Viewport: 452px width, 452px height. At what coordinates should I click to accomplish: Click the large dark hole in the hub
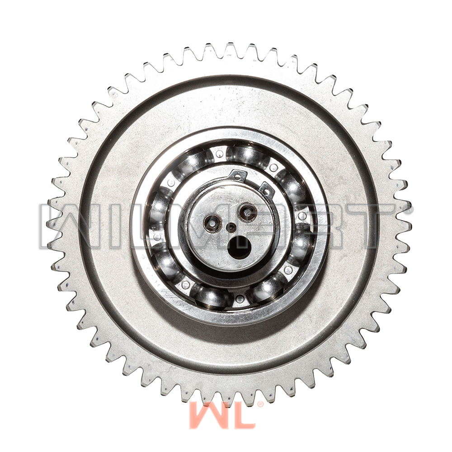click(239, 247)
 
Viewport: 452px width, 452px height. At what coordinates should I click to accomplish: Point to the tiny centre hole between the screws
click(231, 228)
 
